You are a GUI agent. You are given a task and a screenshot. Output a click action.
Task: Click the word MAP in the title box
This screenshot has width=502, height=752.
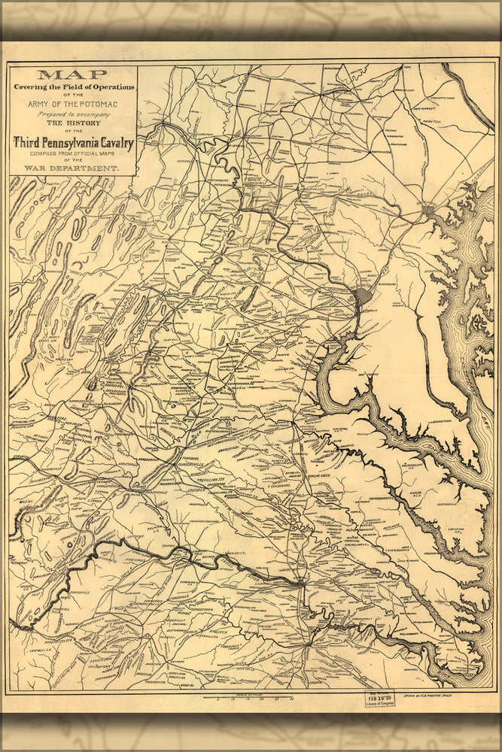click(x=73, y=74)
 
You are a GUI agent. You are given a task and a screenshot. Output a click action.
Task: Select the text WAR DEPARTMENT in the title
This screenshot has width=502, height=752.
click(x=73, y=168)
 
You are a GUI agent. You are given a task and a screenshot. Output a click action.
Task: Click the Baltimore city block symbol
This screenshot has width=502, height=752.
click(x=428, y=213)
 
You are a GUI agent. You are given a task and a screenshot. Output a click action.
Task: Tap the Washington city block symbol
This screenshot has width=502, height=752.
click(x=363, y=296)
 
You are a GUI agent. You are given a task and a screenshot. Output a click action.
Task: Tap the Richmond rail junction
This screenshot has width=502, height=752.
click(x=300, y=581)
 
